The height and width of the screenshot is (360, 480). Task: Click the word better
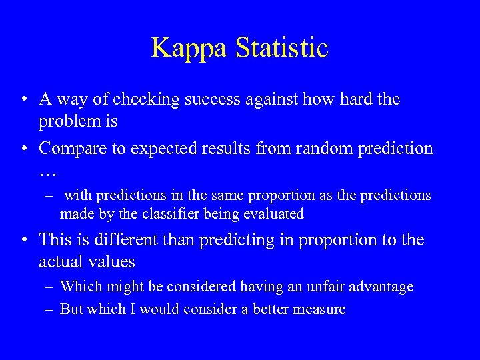coord(274,309)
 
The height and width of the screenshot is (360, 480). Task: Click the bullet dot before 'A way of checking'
coord(24,101)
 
